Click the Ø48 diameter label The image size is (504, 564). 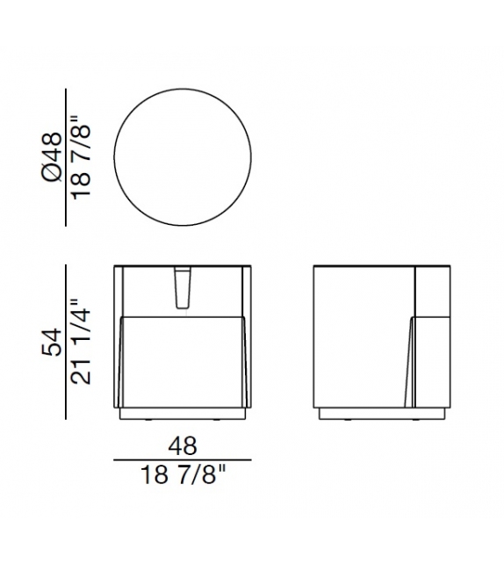pyautogui.click(x=52, y=156)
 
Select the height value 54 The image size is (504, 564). pyautogui.click(x=52, y=342)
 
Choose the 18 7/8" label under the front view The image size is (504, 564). pyautogui.click(x=183, y=480)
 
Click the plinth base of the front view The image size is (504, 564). pyautogui.click(x=183, y=412)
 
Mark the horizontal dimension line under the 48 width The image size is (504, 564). pyautogui.click(x=183, y=460)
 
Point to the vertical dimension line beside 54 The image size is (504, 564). pyautogui.click(x=66, y=342)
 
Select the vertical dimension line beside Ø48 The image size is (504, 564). pyautogui.click(x=66, y=156)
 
